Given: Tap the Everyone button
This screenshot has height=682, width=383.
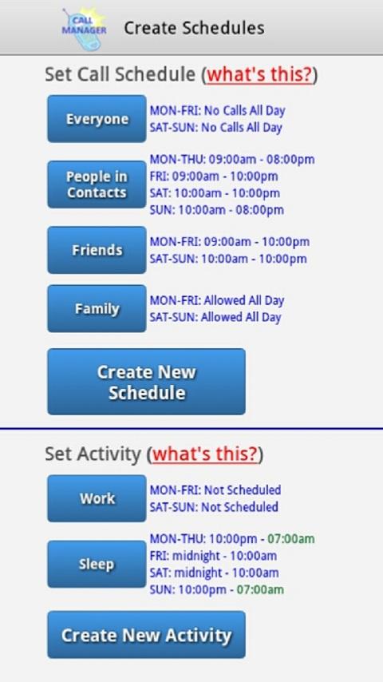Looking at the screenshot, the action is click(x=97, y=119).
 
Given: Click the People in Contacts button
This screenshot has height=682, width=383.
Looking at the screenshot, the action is click(x=97, y=184).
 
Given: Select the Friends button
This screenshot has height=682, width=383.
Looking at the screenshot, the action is click(x=97, y=250).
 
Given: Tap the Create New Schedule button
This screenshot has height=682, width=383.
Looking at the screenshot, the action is click(x=146, y=382).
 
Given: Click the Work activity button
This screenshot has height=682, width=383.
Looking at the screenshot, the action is click(x=97, y=498).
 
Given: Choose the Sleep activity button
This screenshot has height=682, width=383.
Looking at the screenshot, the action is click(x=97, y=564).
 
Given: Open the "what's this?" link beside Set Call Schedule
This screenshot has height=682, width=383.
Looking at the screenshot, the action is click(x=260, y=74).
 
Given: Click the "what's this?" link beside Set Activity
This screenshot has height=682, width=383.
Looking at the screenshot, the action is click(x=205, y=454).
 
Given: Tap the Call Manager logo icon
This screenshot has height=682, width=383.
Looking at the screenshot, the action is click(x=84, y=28).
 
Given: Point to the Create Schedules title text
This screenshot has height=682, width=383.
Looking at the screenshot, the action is click(x=194, y=28).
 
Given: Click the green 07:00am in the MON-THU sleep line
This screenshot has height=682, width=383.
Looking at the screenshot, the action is click(x=290, y=539).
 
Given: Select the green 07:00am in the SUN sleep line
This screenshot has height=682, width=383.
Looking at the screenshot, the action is click(x=260, y=590).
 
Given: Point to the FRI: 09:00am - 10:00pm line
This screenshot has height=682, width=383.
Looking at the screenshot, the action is click(x=214, y=176).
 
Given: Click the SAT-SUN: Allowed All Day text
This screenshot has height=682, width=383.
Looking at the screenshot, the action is click(x=215, y=317).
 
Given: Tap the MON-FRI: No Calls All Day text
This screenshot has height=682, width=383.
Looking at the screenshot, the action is click(x=217, y=111).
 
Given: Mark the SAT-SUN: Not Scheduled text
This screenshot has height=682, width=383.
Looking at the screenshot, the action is click(x=214, y=507).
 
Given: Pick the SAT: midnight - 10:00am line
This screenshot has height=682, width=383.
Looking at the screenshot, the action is click(x=214, y=573).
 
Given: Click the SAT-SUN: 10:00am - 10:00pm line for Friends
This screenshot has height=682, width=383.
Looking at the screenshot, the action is click(x=228, y=260).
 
